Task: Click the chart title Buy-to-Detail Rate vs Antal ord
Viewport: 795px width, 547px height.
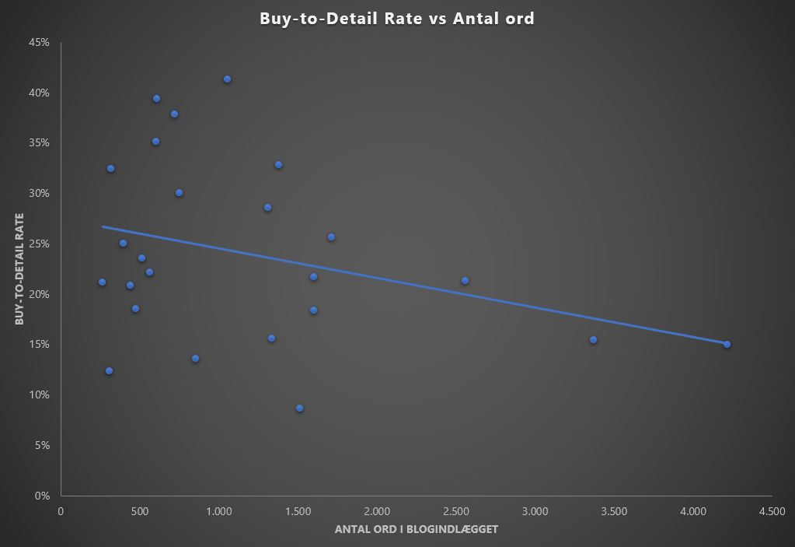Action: click(397, 19)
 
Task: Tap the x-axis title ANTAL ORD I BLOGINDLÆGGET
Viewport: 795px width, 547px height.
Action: click(416, 529)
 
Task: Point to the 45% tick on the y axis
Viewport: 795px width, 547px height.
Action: click(40, 42)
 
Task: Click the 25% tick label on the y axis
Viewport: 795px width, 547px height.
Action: click(40, 244)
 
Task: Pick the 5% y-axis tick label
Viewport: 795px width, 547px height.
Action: click(42, 445)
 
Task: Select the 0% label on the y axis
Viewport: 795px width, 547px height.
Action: click(42, 496)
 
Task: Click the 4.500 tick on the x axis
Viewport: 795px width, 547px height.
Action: click(772, 511)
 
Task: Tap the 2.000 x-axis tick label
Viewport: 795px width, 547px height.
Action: click(376, 511)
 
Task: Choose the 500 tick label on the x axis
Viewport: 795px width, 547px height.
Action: click(140, 511)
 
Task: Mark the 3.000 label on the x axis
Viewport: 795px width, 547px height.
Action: click(535, 511)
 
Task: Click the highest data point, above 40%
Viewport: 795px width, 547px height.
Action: click(227, 79)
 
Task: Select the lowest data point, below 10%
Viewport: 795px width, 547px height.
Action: click(299, 408)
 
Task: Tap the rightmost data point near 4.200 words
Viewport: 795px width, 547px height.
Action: click(727, 344)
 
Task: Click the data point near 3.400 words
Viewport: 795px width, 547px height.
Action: click(593, 340)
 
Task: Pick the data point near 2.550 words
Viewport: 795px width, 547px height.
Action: click(465, 281)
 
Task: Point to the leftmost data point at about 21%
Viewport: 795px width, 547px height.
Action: click(102, 282)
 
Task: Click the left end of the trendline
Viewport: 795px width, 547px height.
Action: click(103, 226)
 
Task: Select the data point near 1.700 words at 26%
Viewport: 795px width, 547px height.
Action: click(331, 237)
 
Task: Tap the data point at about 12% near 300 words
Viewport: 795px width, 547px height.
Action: click(109, 371)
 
